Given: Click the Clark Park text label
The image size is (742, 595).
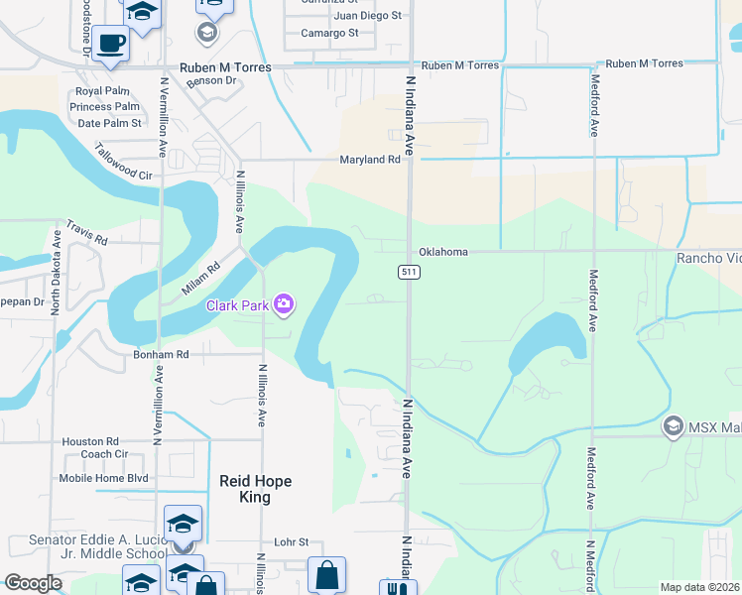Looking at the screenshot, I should coord(237,305).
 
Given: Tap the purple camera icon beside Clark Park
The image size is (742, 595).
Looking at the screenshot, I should coord(284,303).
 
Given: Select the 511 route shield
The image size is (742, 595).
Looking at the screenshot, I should coord(408,272).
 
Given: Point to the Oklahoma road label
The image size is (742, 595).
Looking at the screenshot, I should coord(442,252).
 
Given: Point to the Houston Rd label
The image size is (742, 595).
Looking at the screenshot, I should coord(90,441).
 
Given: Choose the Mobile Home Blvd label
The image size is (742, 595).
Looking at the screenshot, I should coord(103,477).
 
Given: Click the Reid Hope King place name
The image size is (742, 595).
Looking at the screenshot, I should coord(255,489).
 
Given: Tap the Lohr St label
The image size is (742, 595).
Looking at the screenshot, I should coord(292,542).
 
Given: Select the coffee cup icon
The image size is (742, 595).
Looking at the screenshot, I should coord(111,45).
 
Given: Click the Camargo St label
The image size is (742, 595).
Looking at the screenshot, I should coord(329,33).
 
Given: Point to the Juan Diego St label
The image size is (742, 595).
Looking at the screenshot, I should coord(367,16).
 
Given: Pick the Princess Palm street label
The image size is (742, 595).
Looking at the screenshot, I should coord(104,107).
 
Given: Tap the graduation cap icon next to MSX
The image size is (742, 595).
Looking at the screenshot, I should coord(674,426).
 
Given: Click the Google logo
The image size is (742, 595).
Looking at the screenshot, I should coord(33,583).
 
